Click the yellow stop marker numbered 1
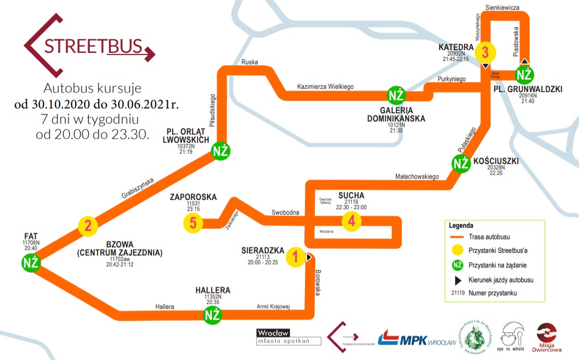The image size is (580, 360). click(295, 257)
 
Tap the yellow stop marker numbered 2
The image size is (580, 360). click(88, 225)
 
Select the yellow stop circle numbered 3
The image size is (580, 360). click(485, 53)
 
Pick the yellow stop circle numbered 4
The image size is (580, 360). click(352, 221)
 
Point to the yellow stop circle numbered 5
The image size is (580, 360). click(193, 223)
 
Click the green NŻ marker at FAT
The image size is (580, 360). click(31, 263)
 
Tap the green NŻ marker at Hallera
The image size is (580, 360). click(212, 314)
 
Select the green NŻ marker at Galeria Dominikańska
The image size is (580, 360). click(396, 95)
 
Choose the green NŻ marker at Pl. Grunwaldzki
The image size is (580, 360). click(524, 74)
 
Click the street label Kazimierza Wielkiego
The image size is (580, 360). click(326, 87)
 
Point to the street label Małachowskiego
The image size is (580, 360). click(417, 176)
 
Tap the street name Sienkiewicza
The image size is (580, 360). click(502, 7)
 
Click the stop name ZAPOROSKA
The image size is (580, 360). click(194, 197)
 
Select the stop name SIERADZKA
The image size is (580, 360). click(263, 251)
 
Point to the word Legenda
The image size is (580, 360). click(461, 225)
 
